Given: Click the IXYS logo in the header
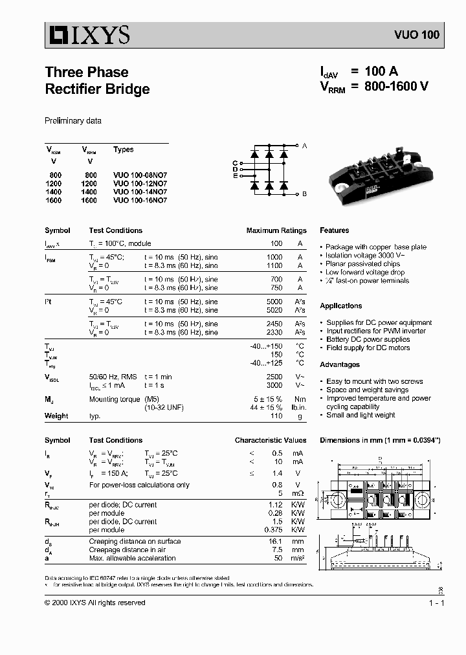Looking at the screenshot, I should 87,34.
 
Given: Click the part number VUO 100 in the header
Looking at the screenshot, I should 416,35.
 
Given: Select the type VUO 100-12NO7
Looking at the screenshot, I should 140,184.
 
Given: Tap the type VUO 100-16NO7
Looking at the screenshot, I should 140,201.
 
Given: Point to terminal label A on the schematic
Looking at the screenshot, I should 305,146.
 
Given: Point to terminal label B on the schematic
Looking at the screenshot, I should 305,194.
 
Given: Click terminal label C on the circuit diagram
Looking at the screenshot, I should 235,162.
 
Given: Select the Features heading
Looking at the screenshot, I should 334,230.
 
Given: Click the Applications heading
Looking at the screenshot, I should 340,305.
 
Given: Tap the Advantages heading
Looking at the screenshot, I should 340,364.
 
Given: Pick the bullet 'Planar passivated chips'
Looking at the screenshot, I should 362,264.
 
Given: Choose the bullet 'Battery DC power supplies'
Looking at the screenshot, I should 368,339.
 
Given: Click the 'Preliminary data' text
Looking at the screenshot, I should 72,121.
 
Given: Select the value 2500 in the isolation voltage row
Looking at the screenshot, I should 274,376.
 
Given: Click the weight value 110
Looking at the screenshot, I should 276,416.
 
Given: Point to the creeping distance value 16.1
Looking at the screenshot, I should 276,541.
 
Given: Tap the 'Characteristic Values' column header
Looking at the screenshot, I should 271,440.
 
